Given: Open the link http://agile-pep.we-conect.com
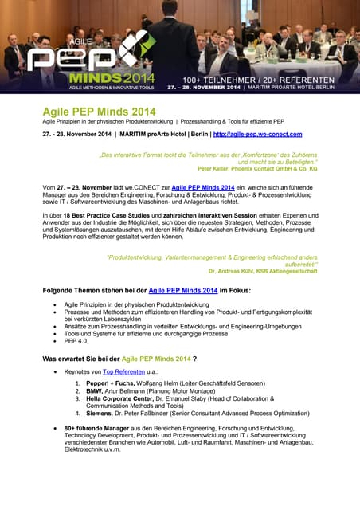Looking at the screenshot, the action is point(258,135).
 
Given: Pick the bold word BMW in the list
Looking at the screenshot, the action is point(95,392).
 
